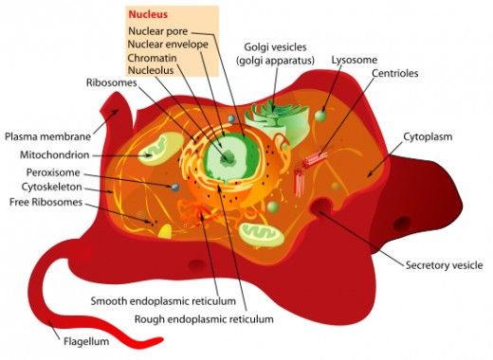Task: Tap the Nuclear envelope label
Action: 169,44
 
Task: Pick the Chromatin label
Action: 155,57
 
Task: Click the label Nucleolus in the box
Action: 154,69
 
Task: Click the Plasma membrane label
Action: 44,135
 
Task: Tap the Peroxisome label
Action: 46,172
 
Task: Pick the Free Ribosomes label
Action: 46,202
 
